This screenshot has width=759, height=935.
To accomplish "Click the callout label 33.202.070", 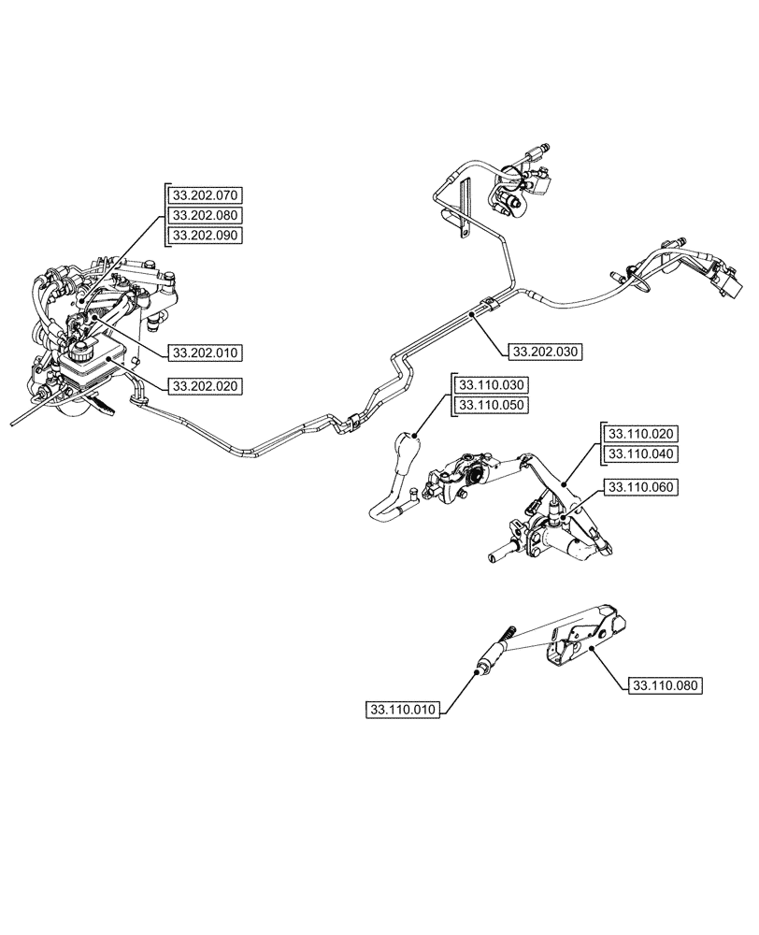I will click(x=205, y=196).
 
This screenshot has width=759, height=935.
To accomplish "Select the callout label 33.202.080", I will click(x=205, y=216).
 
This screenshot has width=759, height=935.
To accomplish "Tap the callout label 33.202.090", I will click(x=205, y=236).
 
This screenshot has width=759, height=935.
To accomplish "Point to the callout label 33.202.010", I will click(x=205, y=352).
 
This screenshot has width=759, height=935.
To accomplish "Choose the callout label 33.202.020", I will click(x=205, y=384).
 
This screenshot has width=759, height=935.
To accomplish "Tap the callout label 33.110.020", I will click(x=642, y=434).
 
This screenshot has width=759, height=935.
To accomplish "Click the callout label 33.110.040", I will click(x=642, y=453).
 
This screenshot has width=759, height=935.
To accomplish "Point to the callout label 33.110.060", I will click(x=642, y=487).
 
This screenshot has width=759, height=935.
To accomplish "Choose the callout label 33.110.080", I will click(x=665, y=685).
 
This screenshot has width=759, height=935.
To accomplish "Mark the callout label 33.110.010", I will click(x=404, y=710).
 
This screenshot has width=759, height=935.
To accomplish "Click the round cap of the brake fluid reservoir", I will click(x=79, y=353).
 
